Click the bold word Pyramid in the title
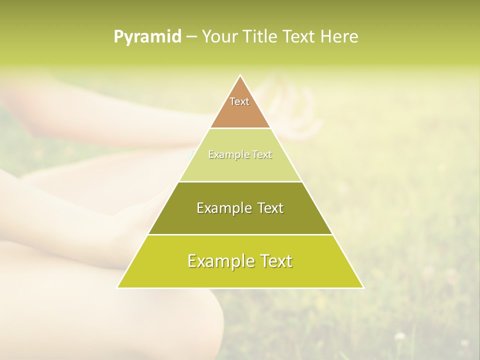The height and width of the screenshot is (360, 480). coord(147,37)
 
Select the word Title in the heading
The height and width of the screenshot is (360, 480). coord(262,37)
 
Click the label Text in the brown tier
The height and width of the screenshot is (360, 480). coord(239,101)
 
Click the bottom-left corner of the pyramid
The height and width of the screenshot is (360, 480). coord(118,287)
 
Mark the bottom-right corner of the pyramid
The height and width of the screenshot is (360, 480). coord(363,287)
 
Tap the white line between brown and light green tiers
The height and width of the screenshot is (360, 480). coord(240,128)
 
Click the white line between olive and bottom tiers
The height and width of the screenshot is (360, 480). coord(240,234)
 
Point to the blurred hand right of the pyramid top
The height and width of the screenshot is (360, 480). coord(295,107)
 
